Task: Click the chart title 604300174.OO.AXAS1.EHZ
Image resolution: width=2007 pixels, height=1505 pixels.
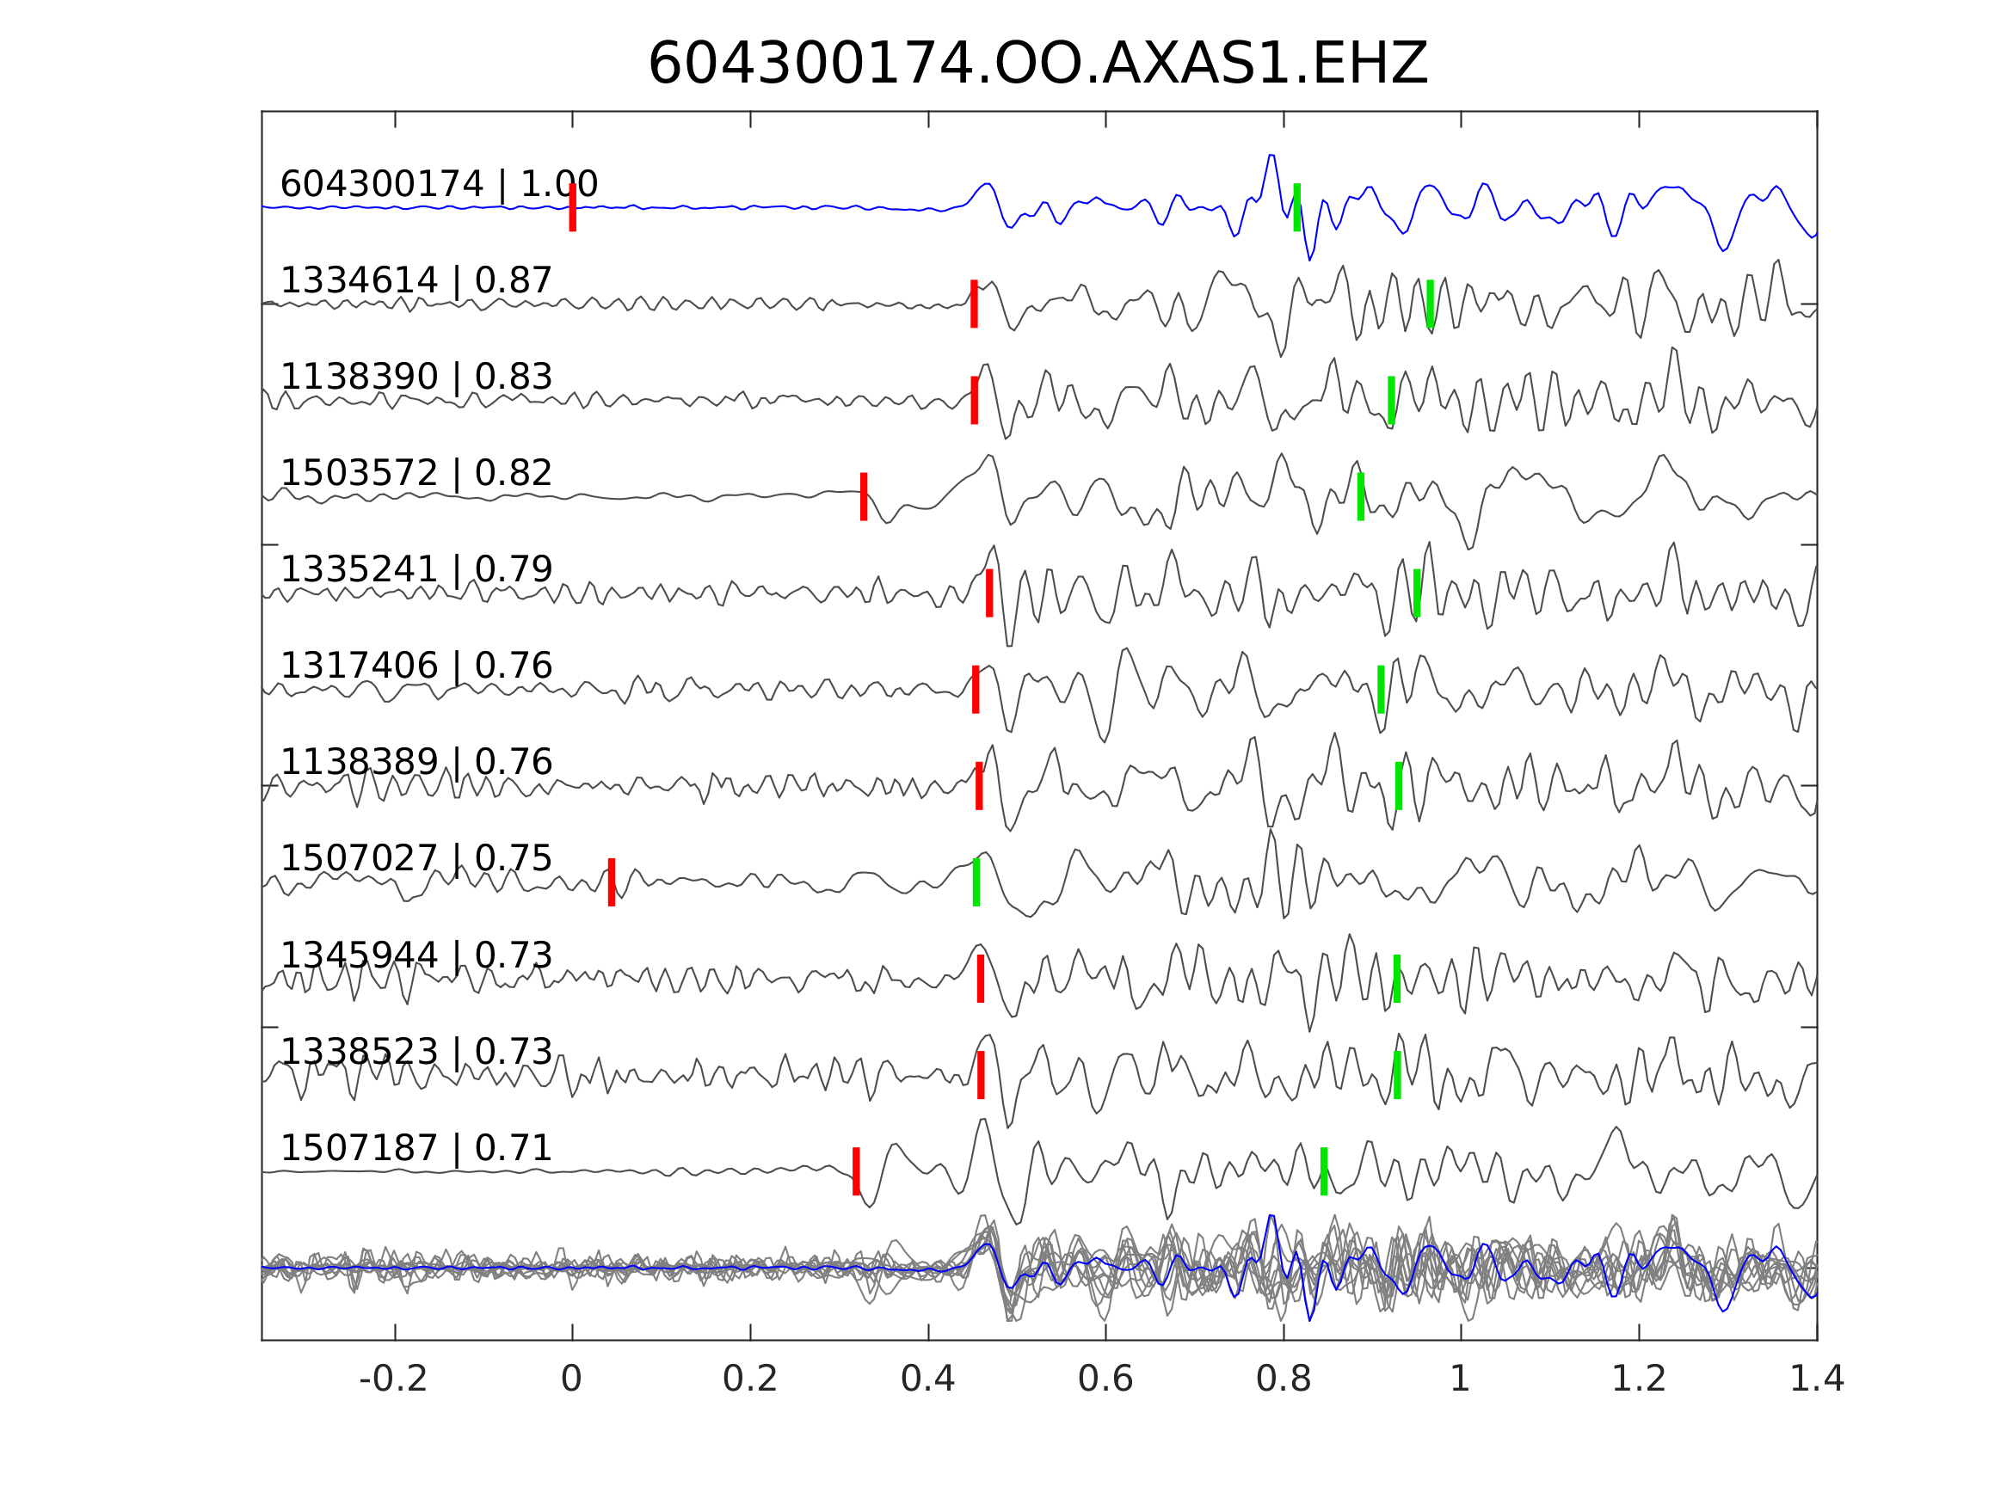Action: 1037,64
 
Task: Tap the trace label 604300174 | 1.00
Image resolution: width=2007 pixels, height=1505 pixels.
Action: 438,184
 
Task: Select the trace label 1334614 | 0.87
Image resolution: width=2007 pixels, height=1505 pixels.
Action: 416,280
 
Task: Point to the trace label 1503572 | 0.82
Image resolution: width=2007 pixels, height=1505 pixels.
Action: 416,473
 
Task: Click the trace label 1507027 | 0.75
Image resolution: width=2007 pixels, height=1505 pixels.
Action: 416,858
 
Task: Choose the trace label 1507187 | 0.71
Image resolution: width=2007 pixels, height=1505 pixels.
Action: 416,1148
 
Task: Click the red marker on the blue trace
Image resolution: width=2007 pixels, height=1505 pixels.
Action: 573,208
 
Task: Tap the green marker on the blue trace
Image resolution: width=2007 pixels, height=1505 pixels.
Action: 1296,208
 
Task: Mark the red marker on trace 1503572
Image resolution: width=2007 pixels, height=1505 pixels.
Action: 864,496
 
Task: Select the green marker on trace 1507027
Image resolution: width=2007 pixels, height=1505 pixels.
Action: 976,881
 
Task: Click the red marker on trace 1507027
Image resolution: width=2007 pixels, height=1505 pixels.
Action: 612,881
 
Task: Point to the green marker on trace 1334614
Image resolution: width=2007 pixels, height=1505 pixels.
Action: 1430,304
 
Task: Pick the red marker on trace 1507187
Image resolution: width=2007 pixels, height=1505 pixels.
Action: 857,1171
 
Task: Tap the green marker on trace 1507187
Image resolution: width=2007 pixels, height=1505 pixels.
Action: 1324,1171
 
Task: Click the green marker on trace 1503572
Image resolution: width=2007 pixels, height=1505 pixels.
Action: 1361,496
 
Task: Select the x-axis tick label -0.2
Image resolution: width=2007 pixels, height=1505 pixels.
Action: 394,1379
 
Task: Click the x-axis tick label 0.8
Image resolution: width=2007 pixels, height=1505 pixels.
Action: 1283,1379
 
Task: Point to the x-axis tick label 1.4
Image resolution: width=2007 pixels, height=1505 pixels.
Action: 1817,1379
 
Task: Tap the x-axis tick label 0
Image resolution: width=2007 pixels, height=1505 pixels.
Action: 571,1379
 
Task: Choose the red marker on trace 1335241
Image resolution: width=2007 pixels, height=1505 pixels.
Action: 989,593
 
